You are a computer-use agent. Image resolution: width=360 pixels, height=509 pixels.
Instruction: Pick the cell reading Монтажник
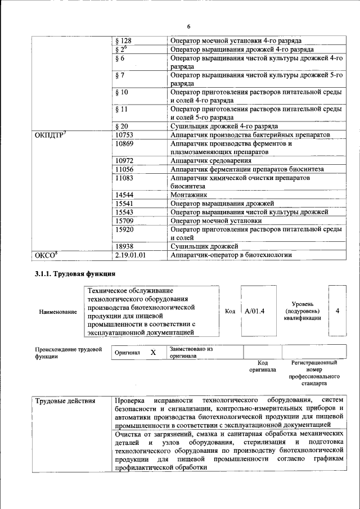coord(189,194)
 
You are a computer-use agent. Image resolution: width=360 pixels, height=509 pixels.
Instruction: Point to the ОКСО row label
coord(47,255)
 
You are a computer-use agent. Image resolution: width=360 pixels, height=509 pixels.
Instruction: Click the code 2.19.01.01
coord(130,255)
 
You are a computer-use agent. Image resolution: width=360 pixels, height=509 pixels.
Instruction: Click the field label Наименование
coord(58,312)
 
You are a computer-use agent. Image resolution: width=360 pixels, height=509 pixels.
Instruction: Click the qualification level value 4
coord(337,310)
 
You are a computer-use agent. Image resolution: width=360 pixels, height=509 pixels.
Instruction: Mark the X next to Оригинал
coord(152,352)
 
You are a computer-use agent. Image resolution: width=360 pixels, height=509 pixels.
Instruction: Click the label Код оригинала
coord(262,367)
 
